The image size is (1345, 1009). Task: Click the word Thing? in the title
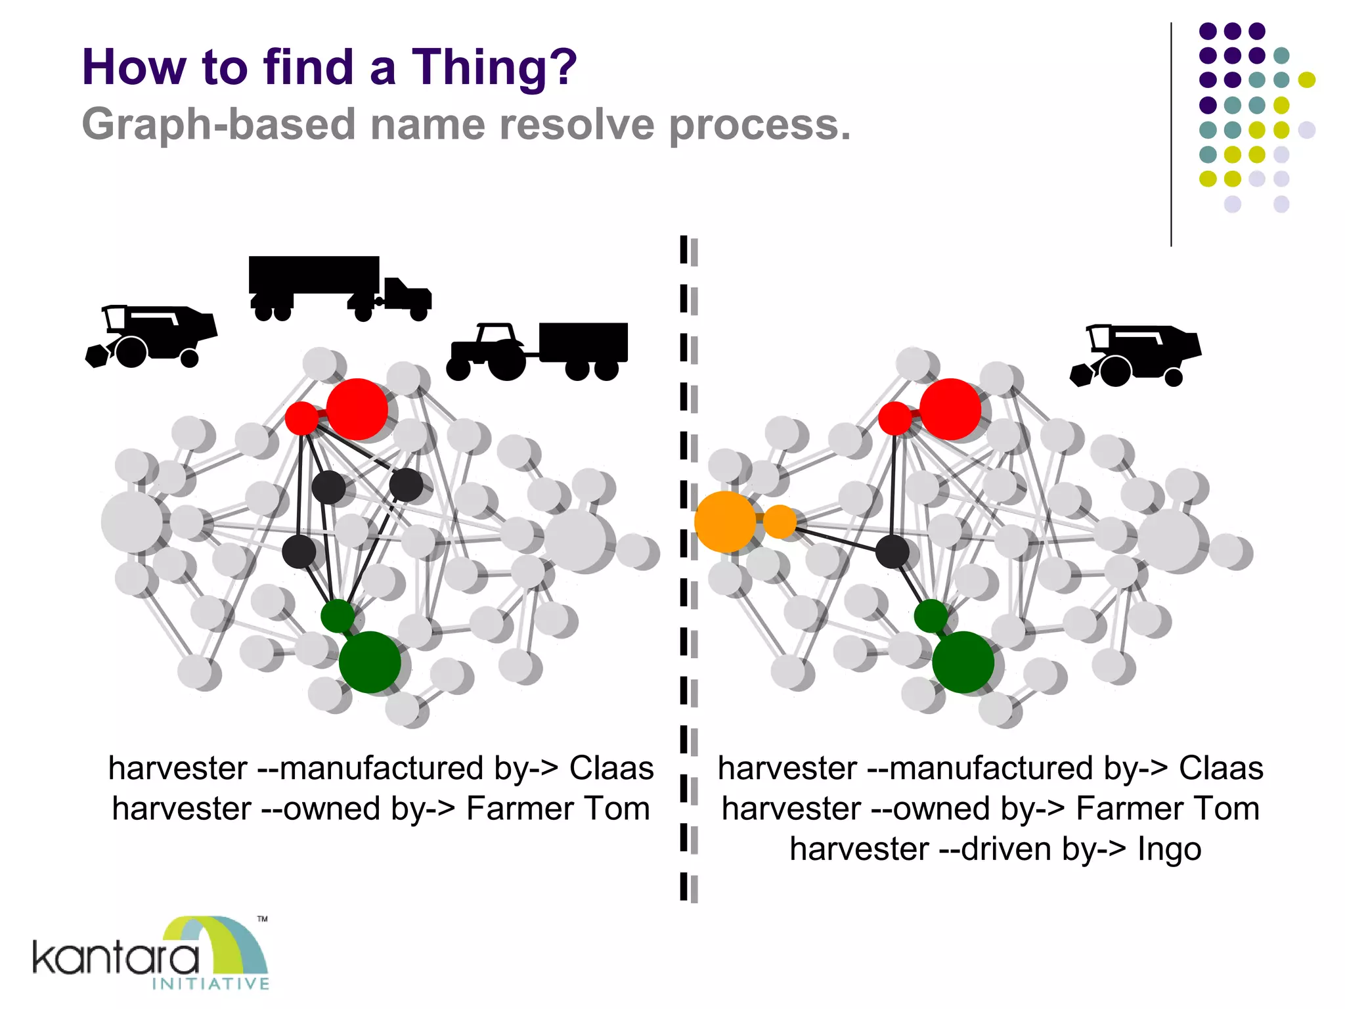pyautogui.click(x=494, y=68)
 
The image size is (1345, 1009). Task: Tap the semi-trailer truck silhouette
pyautogui.click(x=338, y=287)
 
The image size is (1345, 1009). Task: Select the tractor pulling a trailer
pyautogui.click(x=537, y=351)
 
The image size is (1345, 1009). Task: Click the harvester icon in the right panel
pyautogui.click(x=1136, y=355)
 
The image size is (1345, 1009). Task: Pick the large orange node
pyautogui.click(x=724, y=522)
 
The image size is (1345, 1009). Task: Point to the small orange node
pyautogui.click(x=780, y=522)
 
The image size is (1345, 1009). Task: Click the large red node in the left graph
pyautogui.click(x=357, y=409)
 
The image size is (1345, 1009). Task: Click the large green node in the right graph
pyautogui.click(x=963, y=662)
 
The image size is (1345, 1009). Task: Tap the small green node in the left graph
pyautogui.click(x=338, y=616)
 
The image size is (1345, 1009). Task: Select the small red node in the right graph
pyautogui.click(x=894, y=418)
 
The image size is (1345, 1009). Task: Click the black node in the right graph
pyautogui.click(x=893, y=551)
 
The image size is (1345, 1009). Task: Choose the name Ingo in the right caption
pyautogui.click(x=1169, y=849)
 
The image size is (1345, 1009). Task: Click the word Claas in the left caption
pyautogui.click(x=611, y=768)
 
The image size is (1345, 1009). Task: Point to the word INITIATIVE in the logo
pyautogui.click(x=210, y=983)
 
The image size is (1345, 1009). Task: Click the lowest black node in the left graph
pyautogui.click(x=299, y=551)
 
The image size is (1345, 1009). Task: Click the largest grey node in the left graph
pyautogui.click(x=132, y=522)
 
